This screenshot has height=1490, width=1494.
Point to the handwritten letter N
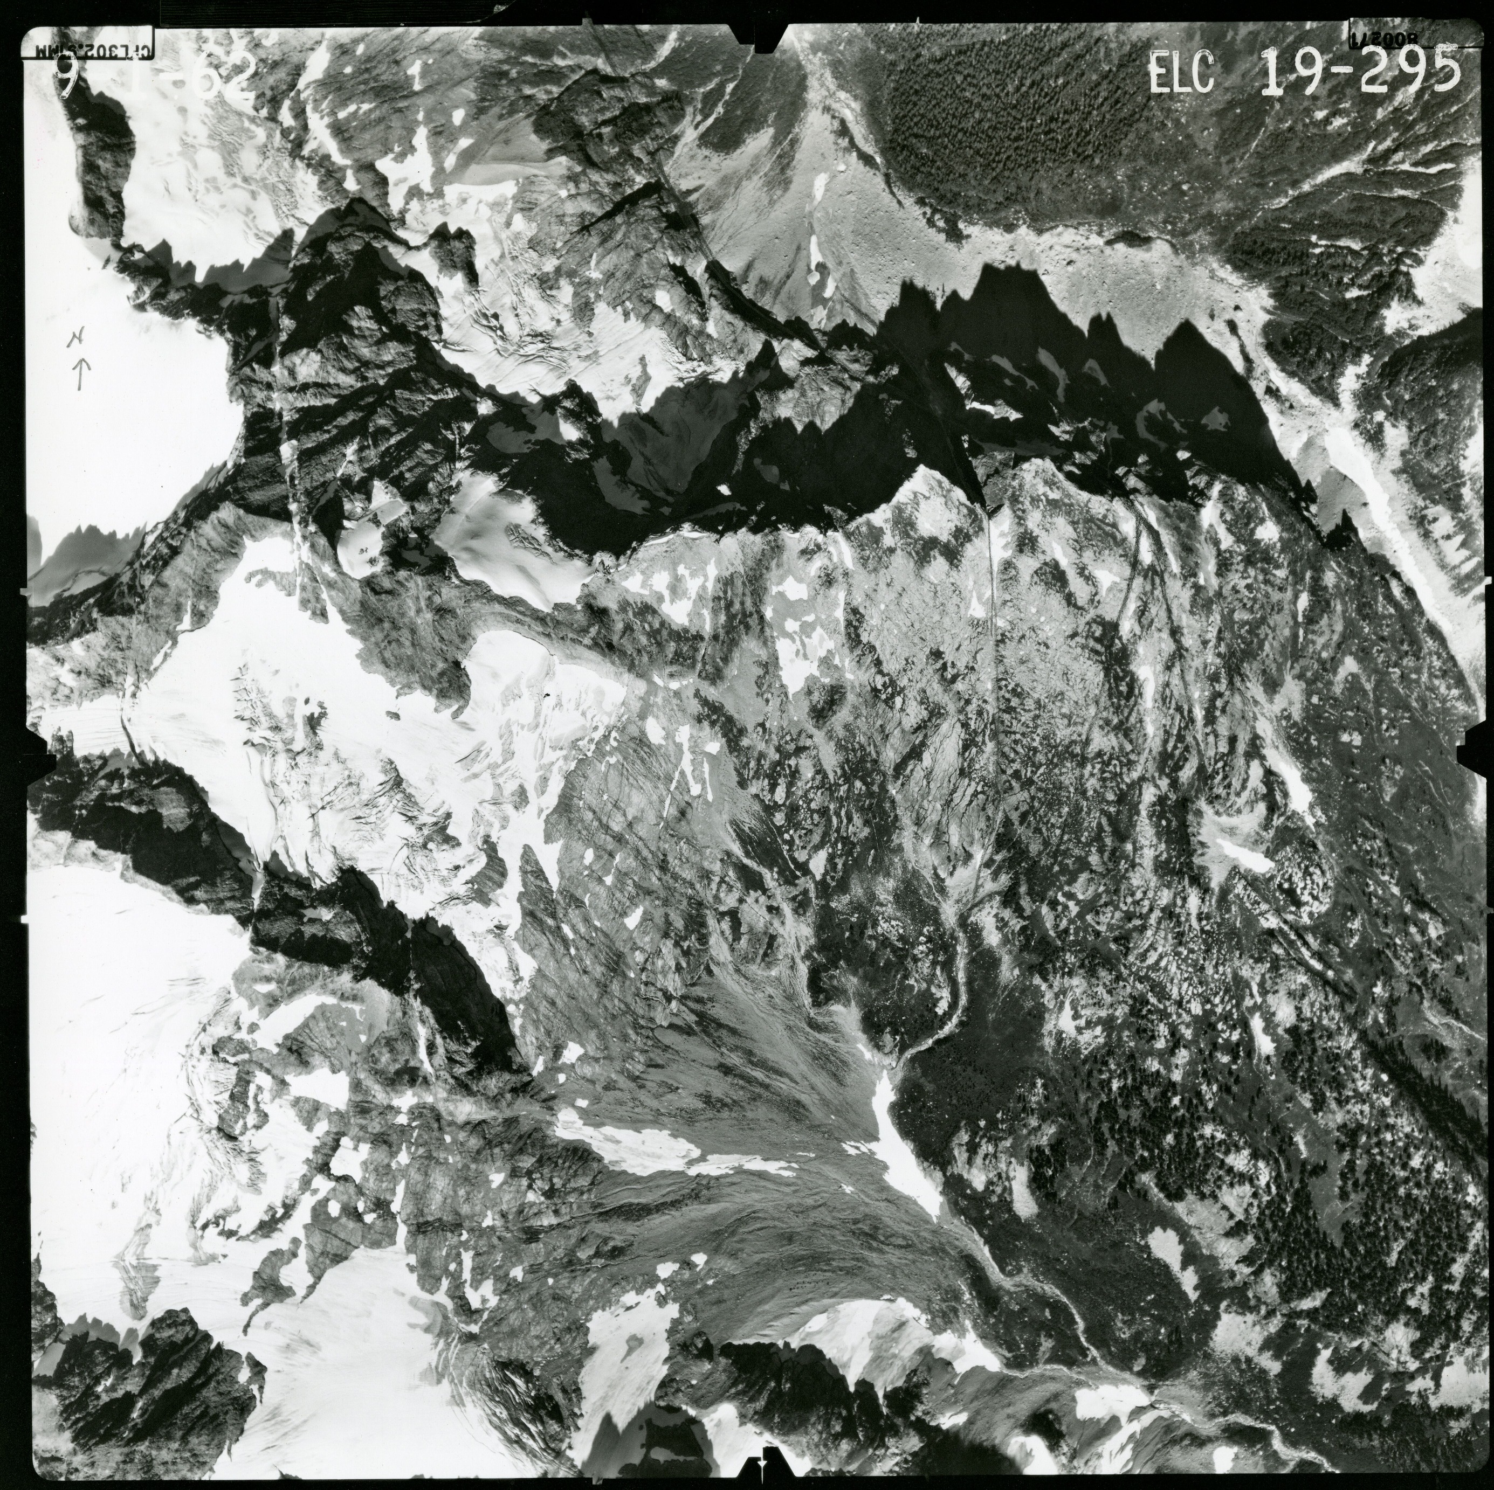point(77,338)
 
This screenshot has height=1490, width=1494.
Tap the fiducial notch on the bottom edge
point(762,1456)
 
